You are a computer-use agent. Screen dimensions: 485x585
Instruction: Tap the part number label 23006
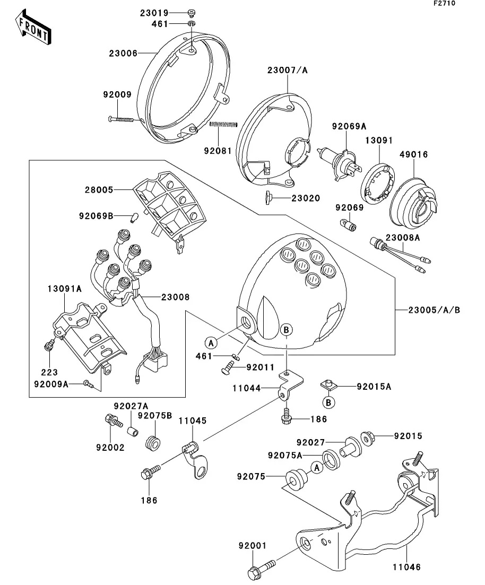coord(123,54)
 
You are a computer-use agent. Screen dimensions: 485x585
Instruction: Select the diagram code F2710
coord(444,3)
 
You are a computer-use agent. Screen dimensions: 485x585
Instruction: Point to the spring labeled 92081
coord(223,124)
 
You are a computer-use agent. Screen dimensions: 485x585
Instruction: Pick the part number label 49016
coord(414,154)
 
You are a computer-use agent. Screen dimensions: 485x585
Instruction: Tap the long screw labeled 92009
coord(120,119)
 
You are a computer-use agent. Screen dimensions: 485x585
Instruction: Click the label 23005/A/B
coord(434,310)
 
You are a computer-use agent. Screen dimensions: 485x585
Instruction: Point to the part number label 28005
coord(99,189)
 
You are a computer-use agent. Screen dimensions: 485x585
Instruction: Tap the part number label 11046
coord(406,567)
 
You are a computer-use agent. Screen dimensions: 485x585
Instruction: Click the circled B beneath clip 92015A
coord(328,403)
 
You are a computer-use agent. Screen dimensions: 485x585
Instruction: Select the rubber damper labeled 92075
coord(296,479)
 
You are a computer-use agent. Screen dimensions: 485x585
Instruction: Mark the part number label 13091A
coord(65,289)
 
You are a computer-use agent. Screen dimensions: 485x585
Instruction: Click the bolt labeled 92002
coord(114,422)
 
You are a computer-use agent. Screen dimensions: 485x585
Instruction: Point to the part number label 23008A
coord(403,237)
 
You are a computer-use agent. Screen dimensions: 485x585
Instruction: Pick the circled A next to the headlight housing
coord(211,343)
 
